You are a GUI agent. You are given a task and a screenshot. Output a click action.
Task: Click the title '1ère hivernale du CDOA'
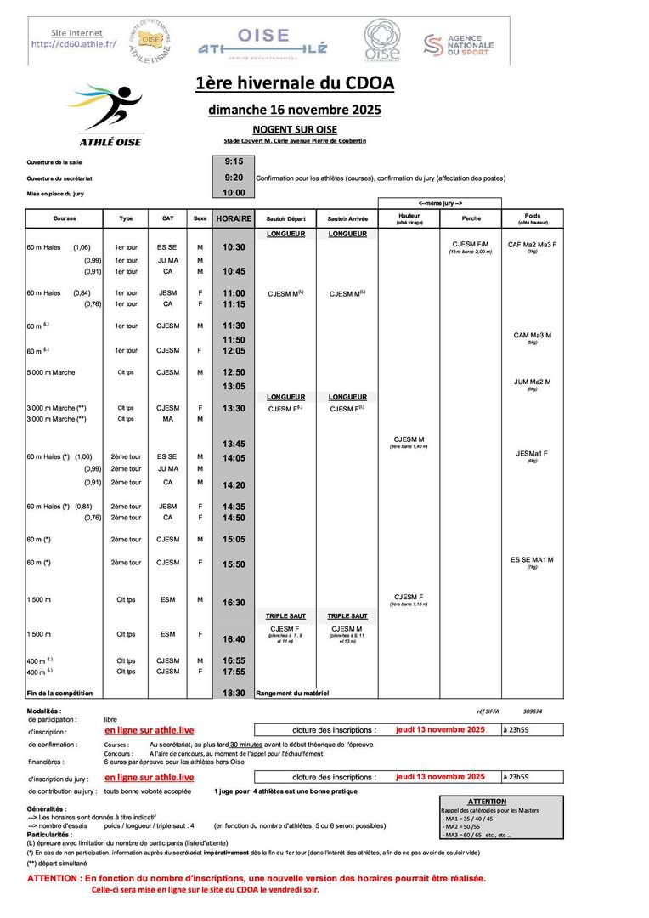[295, 83]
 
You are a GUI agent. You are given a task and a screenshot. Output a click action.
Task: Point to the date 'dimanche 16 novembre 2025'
[295, 110]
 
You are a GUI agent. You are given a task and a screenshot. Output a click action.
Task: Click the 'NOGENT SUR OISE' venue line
[295, 129]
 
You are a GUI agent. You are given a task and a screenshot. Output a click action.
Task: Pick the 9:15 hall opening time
[234, 161]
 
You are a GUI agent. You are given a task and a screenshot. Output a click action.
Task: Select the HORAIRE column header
[234, 218]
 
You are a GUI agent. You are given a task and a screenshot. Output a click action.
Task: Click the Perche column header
[470, 218]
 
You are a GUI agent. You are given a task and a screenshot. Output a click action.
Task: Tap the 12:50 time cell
[234, 372]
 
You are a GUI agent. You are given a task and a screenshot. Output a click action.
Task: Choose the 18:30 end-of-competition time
[234, 693]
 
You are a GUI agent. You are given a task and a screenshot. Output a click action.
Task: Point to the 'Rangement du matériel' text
[291, 693]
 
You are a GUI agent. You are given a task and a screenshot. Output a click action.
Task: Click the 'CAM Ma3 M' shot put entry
[532, 336]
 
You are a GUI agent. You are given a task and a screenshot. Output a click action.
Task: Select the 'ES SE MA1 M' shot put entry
[532, 559]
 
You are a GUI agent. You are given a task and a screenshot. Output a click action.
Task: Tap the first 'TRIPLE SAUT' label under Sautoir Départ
[286, 615]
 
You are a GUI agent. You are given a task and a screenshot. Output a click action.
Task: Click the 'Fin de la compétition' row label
[59, 693]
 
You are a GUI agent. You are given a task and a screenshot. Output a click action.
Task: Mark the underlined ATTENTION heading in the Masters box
[487, 802]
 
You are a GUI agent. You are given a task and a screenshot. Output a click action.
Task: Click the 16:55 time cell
[234, 660]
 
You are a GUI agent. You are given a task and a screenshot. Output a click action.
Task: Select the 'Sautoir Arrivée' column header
[347, 218]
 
